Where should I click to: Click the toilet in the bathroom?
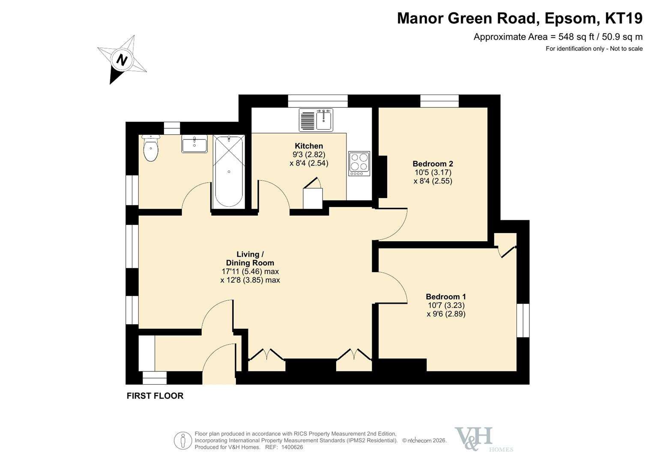click(x=151, y=148)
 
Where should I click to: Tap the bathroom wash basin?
click(x=194, y=144)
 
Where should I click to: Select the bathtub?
click(x=229, y=172)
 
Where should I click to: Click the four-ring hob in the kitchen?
click(x=359, y=163)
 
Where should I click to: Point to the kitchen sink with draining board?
click(x=316, y=120)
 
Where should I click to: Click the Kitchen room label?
click(x=309, y=146)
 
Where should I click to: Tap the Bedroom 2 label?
click(x=433, y=163)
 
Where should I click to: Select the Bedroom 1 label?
click(x=446, y=296)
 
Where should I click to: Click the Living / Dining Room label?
click(x=250, y=258)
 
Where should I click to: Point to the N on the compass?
click(x=122, y=60)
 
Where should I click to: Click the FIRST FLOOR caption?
click(x=155, y=396)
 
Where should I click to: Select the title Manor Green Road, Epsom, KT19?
click(x=520, y=18)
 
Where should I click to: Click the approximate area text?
click(x=558, y=37)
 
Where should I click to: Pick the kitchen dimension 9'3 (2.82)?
click(x=309, y=154)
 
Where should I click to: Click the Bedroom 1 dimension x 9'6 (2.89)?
click(x=446, y=314)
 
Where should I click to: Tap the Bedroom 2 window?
click(x=439, y=101)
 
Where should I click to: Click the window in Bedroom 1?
click(x=523, y=320)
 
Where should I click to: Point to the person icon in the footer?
click(x=183, y=441)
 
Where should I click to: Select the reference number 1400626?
click(x=292, y=447)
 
